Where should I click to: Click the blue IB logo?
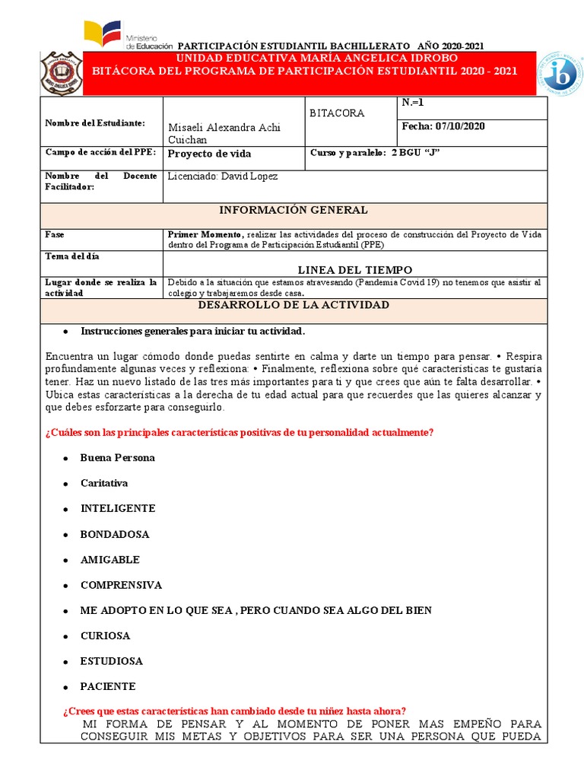(561, 74)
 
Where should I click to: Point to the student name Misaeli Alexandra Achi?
(224, 127)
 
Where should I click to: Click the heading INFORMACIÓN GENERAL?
(294, 210)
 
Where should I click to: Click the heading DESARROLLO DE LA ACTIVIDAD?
(294, 305)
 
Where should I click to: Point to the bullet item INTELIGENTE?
(118, 508)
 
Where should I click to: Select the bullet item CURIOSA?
(106, 635)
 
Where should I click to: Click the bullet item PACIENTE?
(108, 686)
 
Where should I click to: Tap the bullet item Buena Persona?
(118, 458)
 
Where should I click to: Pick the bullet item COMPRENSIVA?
(122, 585)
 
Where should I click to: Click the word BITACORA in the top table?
(337, 113)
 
